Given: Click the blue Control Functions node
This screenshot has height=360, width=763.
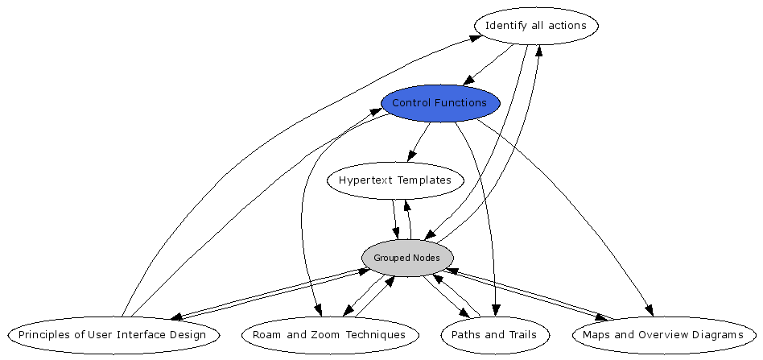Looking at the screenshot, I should tap(440, 103).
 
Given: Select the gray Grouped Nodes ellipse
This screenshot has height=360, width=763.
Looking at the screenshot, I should tap(407, 258).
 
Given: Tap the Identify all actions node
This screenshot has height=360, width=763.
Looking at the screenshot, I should tap(536, 26).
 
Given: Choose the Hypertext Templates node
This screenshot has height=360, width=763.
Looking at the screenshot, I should tap(395, 180).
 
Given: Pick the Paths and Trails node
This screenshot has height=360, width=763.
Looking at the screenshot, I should tap(489, 334).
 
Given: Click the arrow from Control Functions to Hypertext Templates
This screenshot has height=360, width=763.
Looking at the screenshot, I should tap(419, 142).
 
